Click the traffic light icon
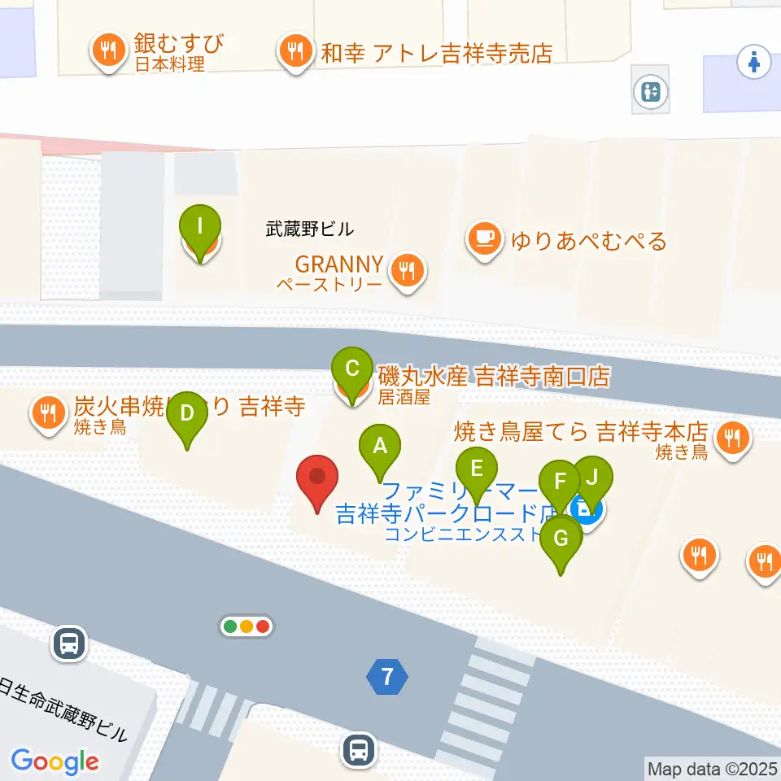(x=247, y=626)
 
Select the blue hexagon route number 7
(x=387, y=676)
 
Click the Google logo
(x=55, y=761)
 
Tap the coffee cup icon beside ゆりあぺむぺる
(x=485, y=238)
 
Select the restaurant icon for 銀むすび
(x=107, y=50)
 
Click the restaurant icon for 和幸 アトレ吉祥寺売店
(x=295, y=52)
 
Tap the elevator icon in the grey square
(x=651, y=92)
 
